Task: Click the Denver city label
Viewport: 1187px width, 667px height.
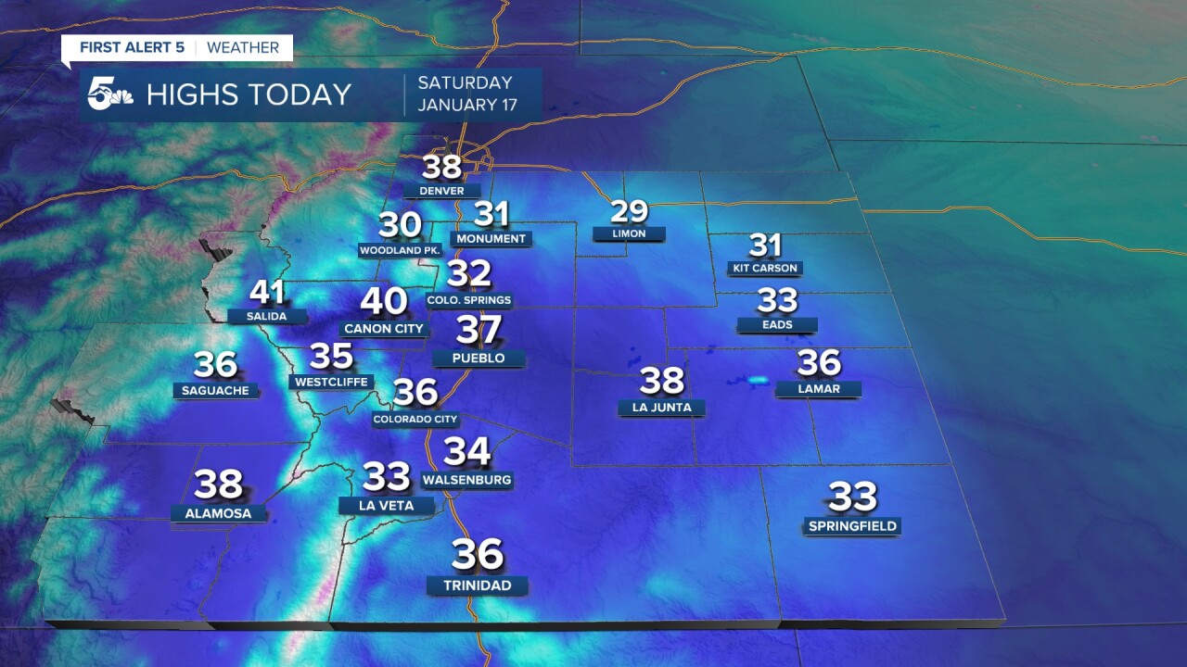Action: [441, 191]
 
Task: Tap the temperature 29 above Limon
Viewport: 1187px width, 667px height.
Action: [629, 212]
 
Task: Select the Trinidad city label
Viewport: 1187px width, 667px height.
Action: [477, 585]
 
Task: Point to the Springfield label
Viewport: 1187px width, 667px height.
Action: [852, 526]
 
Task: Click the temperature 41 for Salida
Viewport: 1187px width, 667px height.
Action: [267, 294]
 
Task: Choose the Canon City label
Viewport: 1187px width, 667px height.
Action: [383, 329]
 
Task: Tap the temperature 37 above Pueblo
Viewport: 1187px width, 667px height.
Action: [479, 330]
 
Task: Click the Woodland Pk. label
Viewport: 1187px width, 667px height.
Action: [400, 250]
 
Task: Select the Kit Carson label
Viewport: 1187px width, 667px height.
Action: [765, 268]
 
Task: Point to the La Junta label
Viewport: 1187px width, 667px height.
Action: [661, 408]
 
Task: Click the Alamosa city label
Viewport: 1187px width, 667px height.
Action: [218, 513]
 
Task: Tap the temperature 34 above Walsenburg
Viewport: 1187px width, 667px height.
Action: [466, 451]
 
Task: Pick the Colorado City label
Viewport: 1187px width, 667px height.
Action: [415, 419]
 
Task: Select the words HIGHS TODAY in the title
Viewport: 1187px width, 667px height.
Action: [249, 94]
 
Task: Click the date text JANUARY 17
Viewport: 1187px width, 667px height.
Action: [466, 105]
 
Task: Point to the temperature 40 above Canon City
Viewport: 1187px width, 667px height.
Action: [384, 301]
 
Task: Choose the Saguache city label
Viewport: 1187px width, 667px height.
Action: [215, 391]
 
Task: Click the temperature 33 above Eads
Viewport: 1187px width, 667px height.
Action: [777, 300]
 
